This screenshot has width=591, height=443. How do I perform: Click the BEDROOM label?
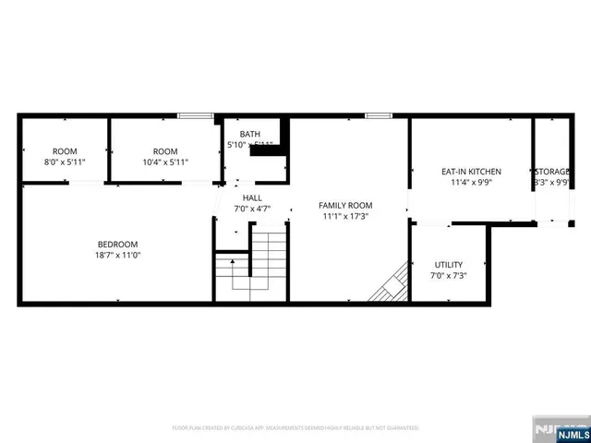point(118,244)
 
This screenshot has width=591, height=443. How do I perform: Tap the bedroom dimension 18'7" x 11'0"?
point(118,255)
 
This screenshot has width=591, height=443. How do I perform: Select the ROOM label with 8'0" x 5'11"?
point(65,151)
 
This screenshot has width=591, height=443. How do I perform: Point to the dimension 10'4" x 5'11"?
point(165,162)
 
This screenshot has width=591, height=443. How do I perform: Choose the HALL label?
point(252,198)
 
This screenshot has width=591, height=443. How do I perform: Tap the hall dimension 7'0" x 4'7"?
point(252,210)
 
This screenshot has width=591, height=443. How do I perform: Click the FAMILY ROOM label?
point(345,205)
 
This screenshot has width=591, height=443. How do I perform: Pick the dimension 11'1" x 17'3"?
point(345,216)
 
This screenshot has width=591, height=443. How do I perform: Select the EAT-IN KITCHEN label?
point(471,172)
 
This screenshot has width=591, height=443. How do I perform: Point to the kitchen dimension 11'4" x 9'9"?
point(471,183)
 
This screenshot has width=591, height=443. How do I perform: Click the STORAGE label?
point(551,172)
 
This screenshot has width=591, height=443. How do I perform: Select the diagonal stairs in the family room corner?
point(391,283)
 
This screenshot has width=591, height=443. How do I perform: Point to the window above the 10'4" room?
point(194,115)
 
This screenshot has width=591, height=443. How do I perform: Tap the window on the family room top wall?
point(378,115)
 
